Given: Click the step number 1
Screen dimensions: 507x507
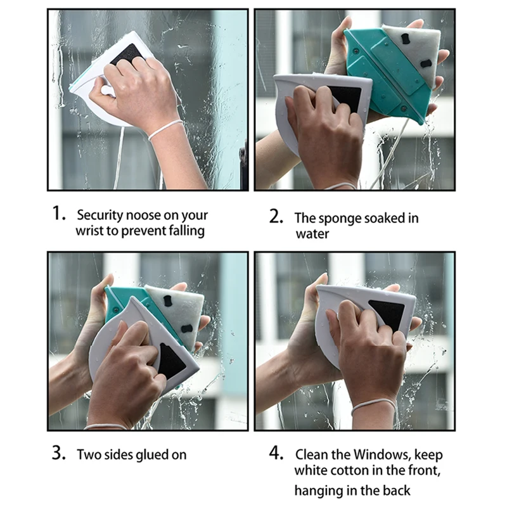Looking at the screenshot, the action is [58, 214].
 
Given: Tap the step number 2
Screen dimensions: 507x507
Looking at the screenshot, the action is [276, 216].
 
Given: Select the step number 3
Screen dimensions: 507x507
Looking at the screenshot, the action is [59, 452].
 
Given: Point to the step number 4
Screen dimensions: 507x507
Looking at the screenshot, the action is [276, 452].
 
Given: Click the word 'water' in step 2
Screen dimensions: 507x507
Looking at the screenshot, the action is [312, 234].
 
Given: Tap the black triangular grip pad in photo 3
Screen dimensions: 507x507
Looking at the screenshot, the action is [170, 361].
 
